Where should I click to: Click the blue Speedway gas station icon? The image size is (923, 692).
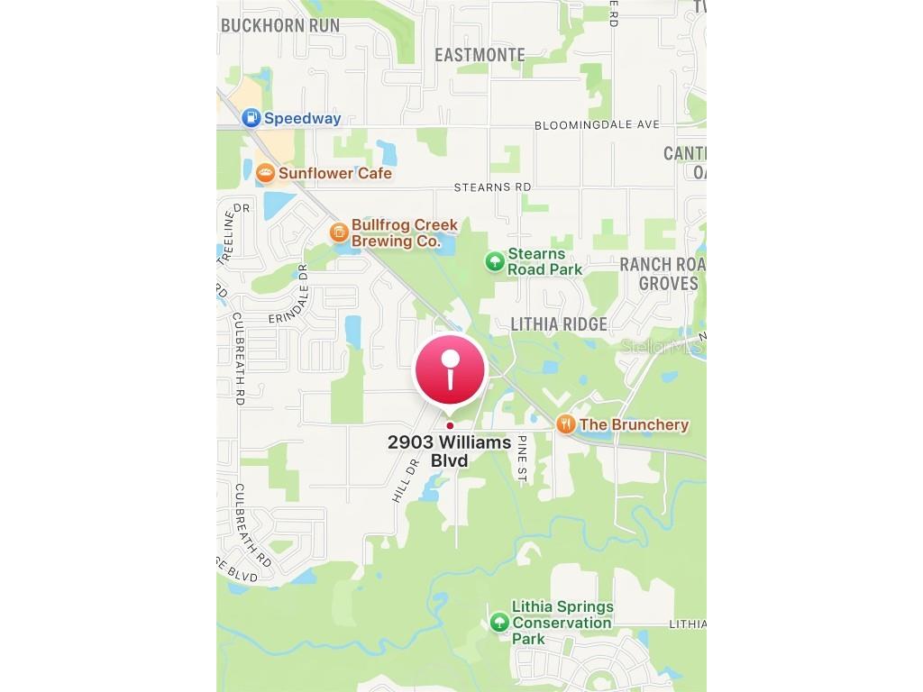point(251,118)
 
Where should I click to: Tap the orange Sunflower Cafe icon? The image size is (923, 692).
point(265,173)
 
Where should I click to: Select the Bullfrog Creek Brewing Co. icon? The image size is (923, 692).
point(338,232)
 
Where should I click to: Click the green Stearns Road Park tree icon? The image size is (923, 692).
point(494,261)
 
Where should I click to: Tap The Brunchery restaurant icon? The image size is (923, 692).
point(565,424)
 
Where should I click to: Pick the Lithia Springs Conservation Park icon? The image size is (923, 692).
point(499,622)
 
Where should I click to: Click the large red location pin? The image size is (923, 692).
point(450,370)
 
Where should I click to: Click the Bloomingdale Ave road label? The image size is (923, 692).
point(597,124)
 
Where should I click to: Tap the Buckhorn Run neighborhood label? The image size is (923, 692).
point(281,25)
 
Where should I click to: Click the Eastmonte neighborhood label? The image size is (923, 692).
point(480,55)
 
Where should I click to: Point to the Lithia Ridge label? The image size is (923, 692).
point(559,324)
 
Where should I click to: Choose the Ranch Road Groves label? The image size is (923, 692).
point(663,273)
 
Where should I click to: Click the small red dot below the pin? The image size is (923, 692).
point(450,425)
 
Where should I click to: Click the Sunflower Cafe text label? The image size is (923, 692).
point(335,173)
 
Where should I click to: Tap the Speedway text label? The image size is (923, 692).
point(302,118)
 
